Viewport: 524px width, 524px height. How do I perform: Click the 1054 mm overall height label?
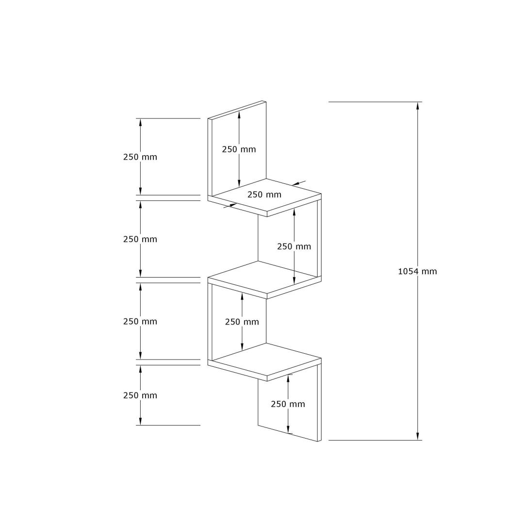pyautogui.click(x=417, y=271)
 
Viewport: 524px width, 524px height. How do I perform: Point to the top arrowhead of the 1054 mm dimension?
pyautogui.click(x=418, y=105)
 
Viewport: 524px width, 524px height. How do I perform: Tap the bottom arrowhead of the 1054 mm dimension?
pyautogui.click(x=418, y=437)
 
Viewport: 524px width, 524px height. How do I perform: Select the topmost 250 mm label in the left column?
pyautogui.click(x=140, y=157)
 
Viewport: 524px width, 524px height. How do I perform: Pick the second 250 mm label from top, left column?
pyautogui.click(x=140, y=239)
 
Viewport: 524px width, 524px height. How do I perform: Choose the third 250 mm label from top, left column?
pyautogui.click(x=140, y=321)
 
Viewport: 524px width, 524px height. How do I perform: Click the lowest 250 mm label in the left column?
pyautogui.click(x=140, y=395)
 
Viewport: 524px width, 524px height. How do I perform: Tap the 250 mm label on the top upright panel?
pyautogui.click(x=239, y=149)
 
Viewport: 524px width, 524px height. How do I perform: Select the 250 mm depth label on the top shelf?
pyautogui.click(x=264, y=195)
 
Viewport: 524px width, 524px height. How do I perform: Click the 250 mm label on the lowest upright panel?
pyautogui.click(x=288, y=404)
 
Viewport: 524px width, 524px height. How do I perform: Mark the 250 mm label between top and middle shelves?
pyautogui.click(x=294, y=246)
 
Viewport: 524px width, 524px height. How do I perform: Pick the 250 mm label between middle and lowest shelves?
pyautogui.click(x=242, y=322)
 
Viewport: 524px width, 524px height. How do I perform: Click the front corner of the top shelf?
pyautogui.click(x=267, y=212)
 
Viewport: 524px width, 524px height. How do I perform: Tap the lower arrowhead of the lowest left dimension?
pyautogui.click(x=141, y=422)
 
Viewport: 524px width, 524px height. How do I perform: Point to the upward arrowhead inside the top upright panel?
pyautogui.click(x=239, y=115)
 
